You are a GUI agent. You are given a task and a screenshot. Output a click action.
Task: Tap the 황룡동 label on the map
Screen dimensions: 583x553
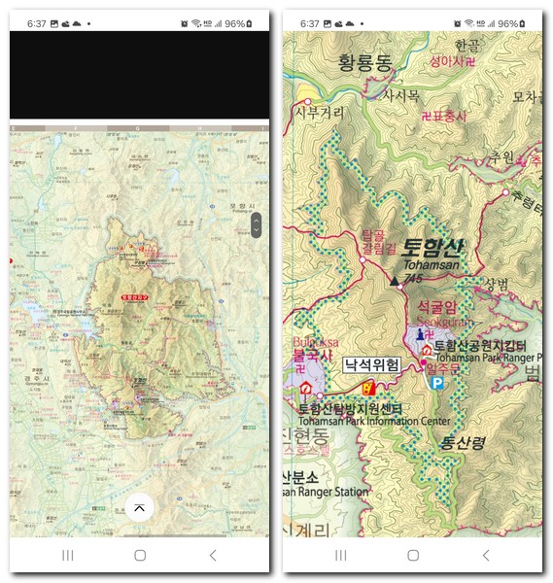363,63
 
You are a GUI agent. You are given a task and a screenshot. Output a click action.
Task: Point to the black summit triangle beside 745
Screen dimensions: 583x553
395,279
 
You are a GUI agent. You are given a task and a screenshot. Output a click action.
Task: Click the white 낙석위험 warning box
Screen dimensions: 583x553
371,365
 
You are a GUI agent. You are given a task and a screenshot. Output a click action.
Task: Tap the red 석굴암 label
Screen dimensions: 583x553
436,307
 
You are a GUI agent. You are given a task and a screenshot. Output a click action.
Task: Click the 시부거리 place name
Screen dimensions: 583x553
320,113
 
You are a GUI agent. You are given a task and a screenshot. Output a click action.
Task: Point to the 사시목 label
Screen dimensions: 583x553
399,95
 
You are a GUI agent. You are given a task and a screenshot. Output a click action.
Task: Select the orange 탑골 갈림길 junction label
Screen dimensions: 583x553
373,241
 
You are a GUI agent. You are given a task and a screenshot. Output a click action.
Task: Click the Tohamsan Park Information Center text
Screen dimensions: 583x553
374,422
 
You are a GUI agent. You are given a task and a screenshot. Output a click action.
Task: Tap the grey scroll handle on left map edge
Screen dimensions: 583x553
256,225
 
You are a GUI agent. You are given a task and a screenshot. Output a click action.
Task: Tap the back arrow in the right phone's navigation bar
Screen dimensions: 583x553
486,555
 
